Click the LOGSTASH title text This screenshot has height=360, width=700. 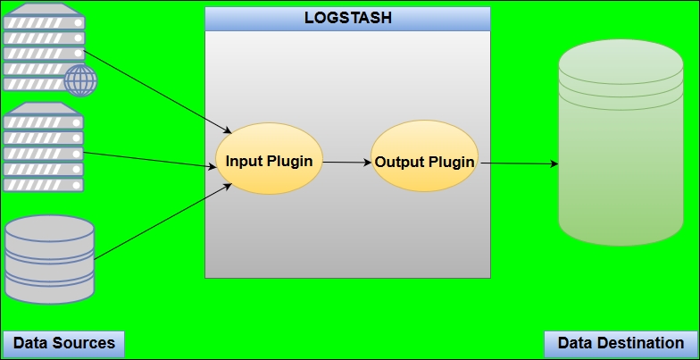(348, 18)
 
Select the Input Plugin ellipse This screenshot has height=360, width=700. (270, 159)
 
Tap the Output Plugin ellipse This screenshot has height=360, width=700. (425, 155)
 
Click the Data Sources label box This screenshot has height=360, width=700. (63, 344)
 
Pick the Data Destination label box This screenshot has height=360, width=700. (621, 344)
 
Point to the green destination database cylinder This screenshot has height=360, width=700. (621, 143)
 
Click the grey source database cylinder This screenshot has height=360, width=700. (50, 259)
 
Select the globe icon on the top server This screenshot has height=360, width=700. (80, 80)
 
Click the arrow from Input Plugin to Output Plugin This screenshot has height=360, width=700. (346, 163)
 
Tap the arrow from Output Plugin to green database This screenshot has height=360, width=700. (519, 163)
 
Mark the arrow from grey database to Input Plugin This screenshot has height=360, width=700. (162, 222)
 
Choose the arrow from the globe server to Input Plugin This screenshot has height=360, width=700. (157, 92)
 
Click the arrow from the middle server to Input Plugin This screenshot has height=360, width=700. (150, 160)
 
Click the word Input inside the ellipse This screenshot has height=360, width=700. (242, 161)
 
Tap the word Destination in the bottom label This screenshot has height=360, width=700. (639, 343)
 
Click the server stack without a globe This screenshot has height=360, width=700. (43, 147)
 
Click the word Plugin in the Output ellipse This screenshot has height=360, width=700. (452, 163)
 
